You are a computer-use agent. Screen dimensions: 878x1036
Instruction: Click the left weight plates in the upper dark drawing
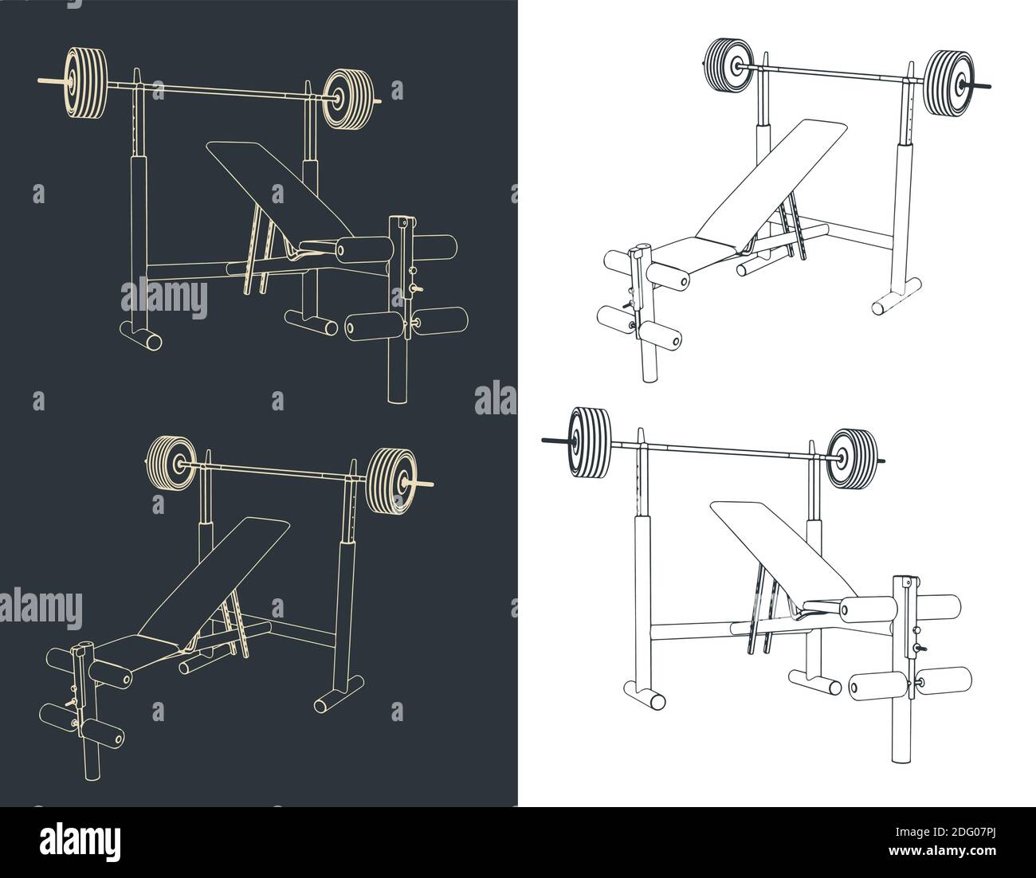pos(84,84)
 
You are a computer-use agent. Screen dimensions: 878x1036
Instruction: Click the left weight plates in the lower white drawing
pos(590,443)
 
